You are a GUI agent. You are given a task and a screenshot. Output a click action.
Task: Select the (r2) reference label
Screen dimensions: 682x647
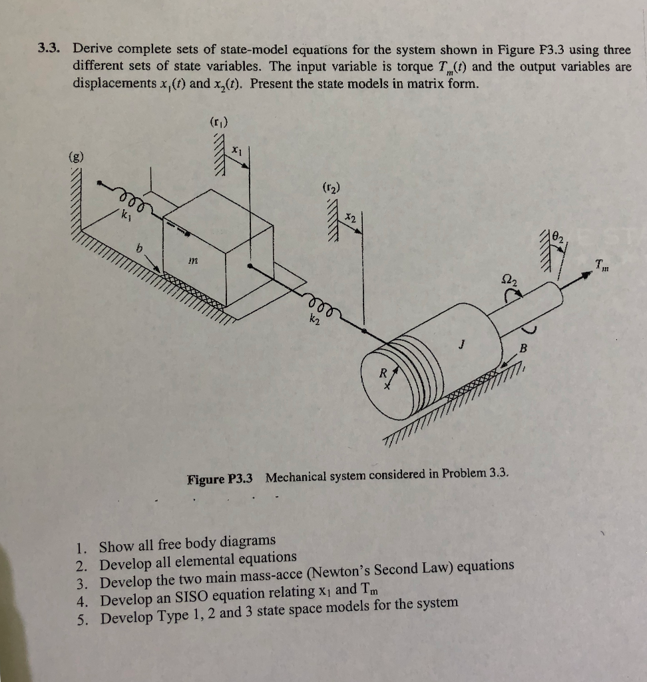click(331, 188)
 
